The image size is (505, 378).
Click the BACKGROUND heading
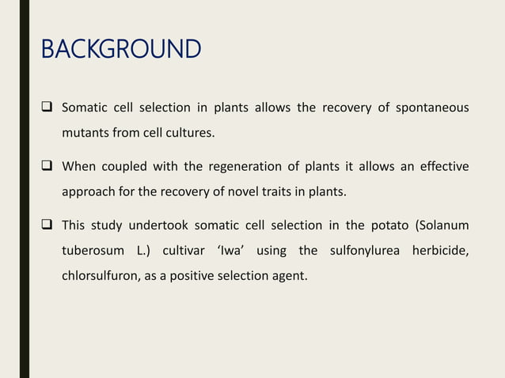pos(121,50)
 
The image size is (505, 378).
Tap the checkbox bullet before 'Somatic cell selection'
pos(48,107)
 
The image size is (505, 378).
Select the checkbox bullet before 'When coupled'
pos(48,166)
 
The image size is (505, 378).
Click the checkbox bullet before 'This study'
pos(48,226)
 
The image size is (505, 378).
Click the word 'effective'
pos(442,167)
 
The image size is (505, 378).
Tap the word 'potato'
pos(388,227)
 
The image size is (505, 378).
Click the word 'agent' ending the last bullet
pos(287,278)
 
